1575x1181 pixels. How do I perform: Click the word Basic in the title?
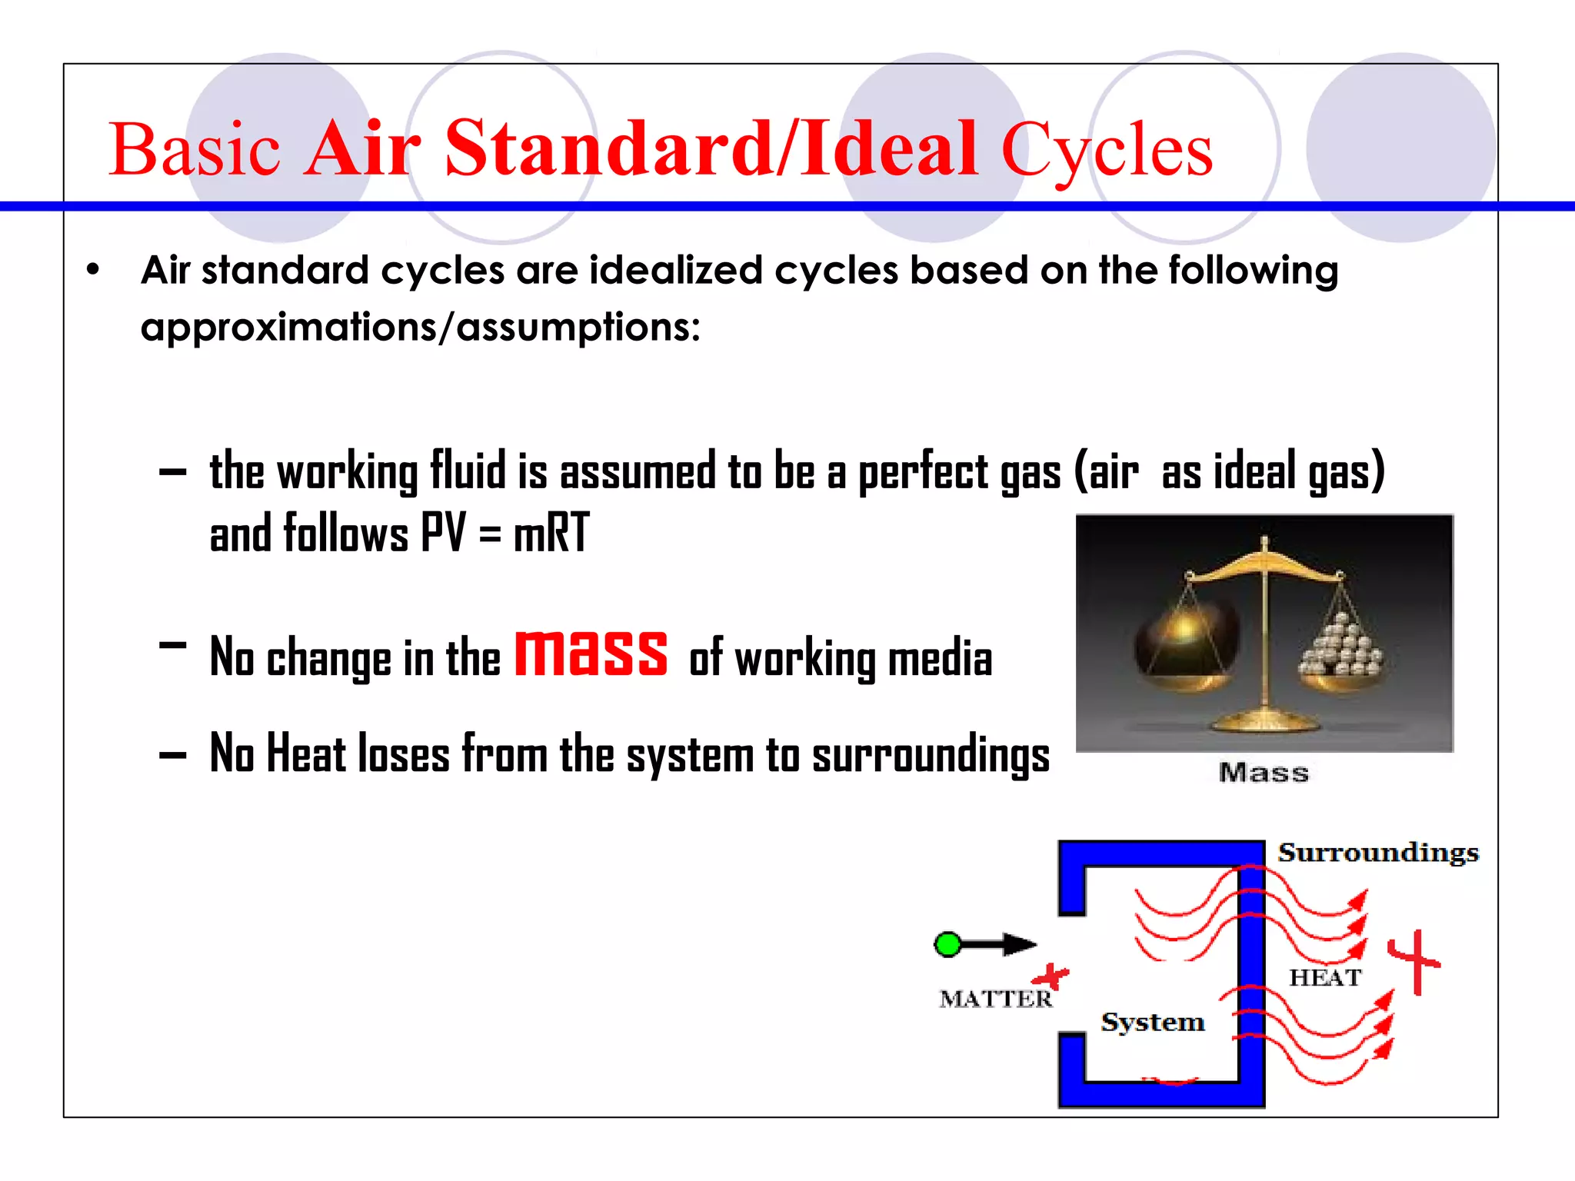click(194, 149)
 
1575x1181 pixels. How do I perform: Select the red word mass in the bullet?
click(591, 654)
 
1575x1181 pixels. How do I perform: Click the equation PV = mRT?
click(505, 532)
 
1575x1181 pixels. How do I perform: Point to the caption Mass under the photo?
click(1264, 772)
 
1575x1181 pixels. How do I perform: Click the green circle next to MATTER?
click(947, 944)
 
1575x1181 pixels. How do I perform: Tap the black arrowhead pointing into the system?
click(1020, 944)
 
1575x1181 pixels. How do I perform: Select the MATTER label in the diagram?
click(995, 999)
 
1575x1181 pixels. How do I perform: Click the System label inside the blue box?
click(1152, 1022)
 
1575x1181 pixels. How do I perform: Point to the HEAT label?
click(1325, 977)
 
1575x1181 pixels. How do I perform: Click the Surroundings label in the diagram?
click(1378, 853)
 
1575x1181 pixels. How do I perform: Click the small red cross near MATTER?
click(1051, 977)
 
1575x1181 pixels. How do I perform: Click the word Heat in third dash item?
click(306, 754)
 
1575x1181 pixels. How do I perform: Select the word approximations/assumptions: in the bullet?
click(420, 327)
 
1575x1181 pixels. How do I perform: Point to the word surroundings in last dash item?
click(931, 755)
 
